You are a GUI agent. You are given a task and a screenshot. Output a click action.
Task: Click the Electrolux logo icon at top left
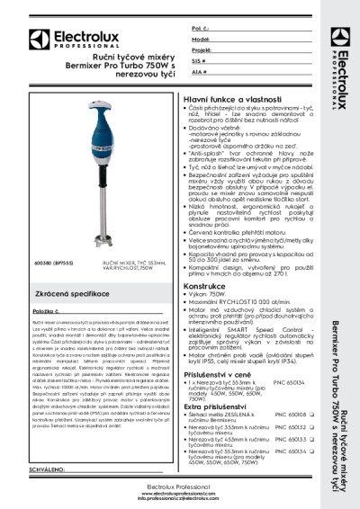coord(33,38)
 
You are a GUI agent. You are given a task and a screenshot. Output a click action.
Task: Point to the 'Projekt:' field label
coord(202,51)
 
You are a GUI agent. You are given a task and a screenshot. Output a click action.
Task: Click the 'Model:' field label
coord(202,40)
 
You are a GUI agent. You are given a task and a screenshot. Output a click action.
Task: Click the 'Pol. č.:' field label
coord(202,30)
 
